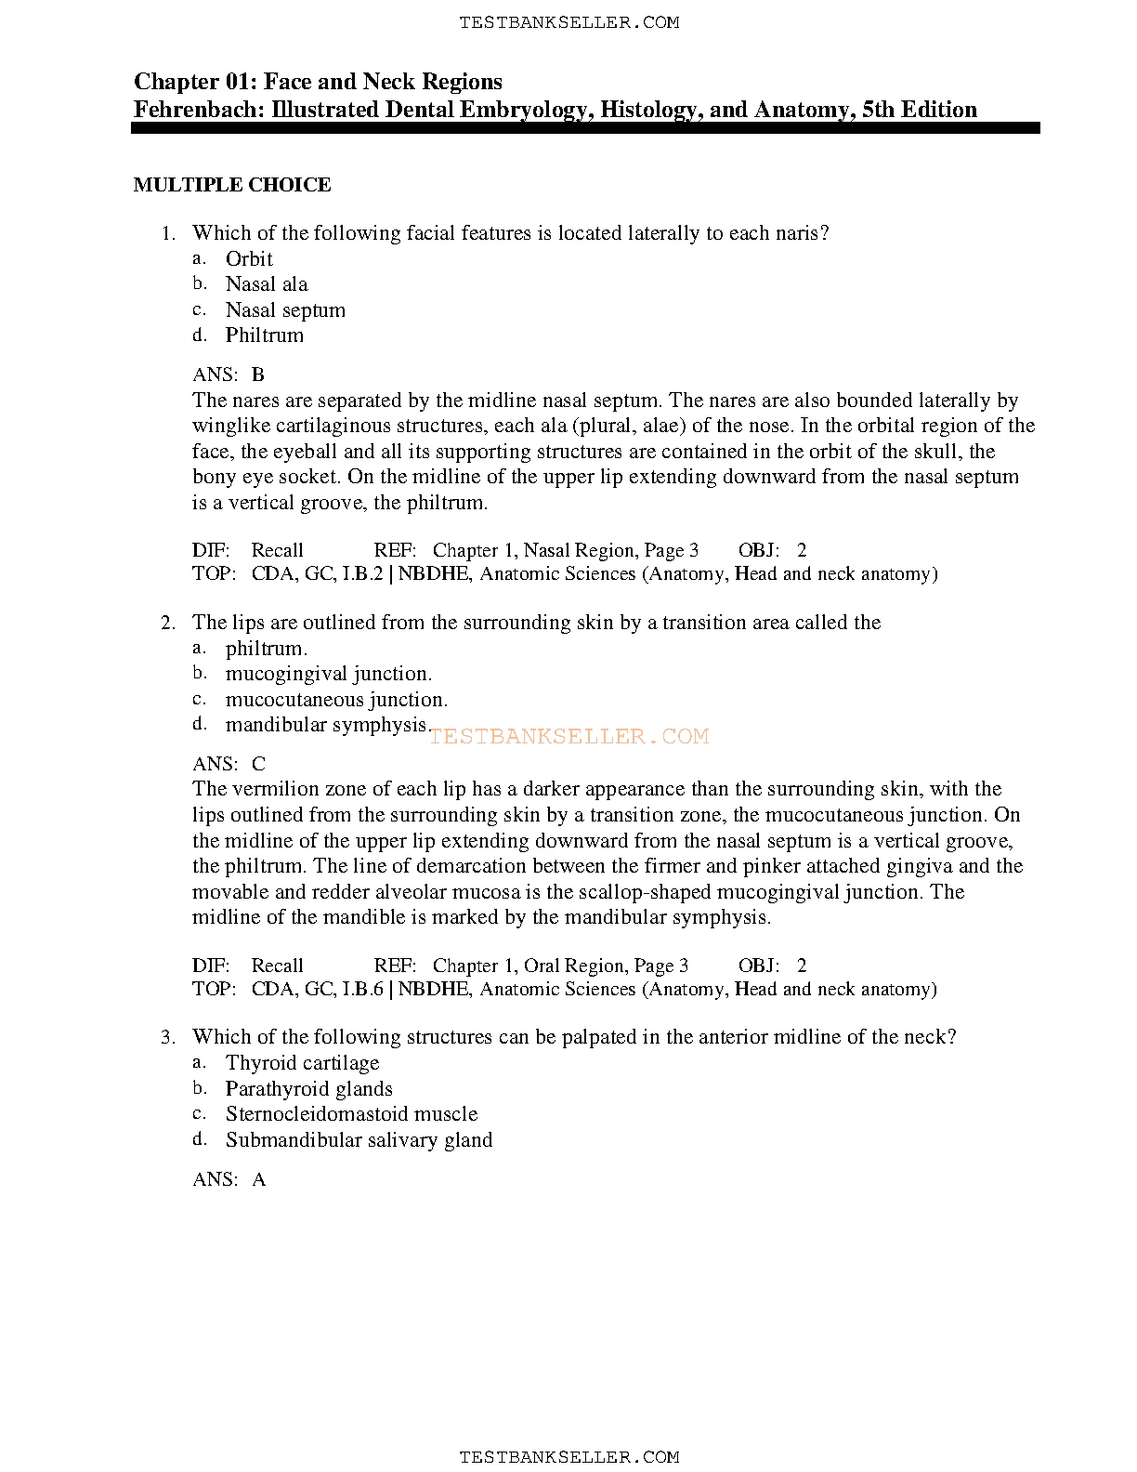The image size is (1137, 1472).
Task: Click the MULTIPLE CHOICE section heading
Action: pyautogui.click(x=232, y=185)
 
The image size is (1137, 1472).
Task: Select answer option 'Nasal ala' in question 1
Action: pyautogui.click(x=267, y=284)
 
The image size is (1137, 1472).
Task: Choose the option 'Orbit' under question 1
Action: pyautogui.click(x=249, y=259)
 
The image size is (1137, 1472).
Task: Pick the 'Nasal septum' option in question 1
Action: pyautogui.click(x=285, y=310)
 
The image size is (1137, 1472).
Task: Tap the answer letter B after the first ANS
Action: pyautogui.click(x=258, y=375)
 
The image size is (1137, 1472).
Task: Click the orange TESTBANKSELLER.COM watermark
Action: pyautogui.click(x=568, y=737)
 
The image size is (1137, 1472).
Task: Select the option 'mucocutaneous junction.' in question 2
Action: pyautogui.click(x=336, y=700)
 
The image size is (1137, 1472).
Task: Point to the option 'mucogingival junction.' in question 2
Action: pyautogui.click(x=328, y=674)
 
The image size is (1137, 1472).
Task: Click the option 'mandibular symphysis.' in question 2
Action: pyautogui.click(x=327, y=725)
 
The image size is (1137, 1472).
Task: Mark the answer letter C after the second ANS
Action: pyautogui.click(x=258, y=765)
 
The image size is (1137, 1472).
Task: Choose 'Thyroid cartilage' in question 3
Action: pyautogui.click(x=302, y=1063)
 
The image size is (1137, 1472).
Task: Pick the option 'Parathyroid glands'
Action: pyautogui.click(x=308, y=1089)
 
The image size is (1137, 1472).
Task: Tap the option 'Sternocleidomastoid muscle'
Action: pyautogui.click(x=351, y=1114)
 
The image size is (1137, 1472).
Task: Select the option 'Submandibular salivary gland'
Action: pyautogui.click(x=359, y=1140)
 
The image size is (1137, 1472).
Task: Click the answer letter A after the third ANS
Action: pyautogui.click(x=259, y=1180)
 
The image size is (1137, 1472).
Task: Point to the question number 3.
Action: pyautogui.click(x=167, y=1037)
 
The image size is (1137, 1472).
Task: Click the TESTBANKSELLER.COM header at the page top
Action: pyautogui.click(x=568, y=22)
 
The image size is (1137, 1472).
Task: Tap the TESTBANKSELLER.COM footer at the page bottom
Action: pyautogui.click(x=568, y=1457)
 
